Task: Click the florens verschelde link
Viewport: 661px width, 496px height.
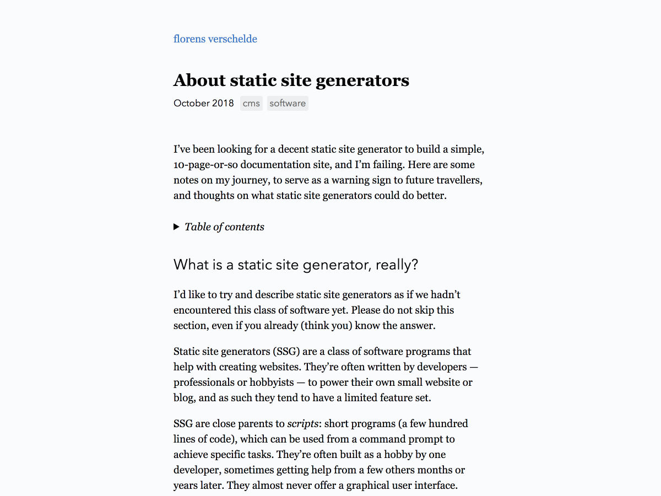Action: point(215,39)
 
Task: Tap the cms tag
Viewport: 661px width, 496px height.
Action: point(251,104)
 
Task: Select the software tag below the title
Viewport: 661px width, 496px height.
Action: point(288,104)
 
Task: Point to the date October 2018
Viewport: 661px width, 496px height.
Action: point(204,104)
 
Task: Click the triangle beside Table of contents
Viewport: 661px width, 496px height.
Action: point(177,227)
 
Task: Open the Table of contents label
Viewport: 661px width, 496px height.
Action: point(224,227)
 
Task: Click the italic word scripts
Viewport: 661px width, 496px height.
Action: point(302,424)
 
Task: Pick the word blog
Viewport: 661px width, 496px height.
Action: point(183,398)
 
